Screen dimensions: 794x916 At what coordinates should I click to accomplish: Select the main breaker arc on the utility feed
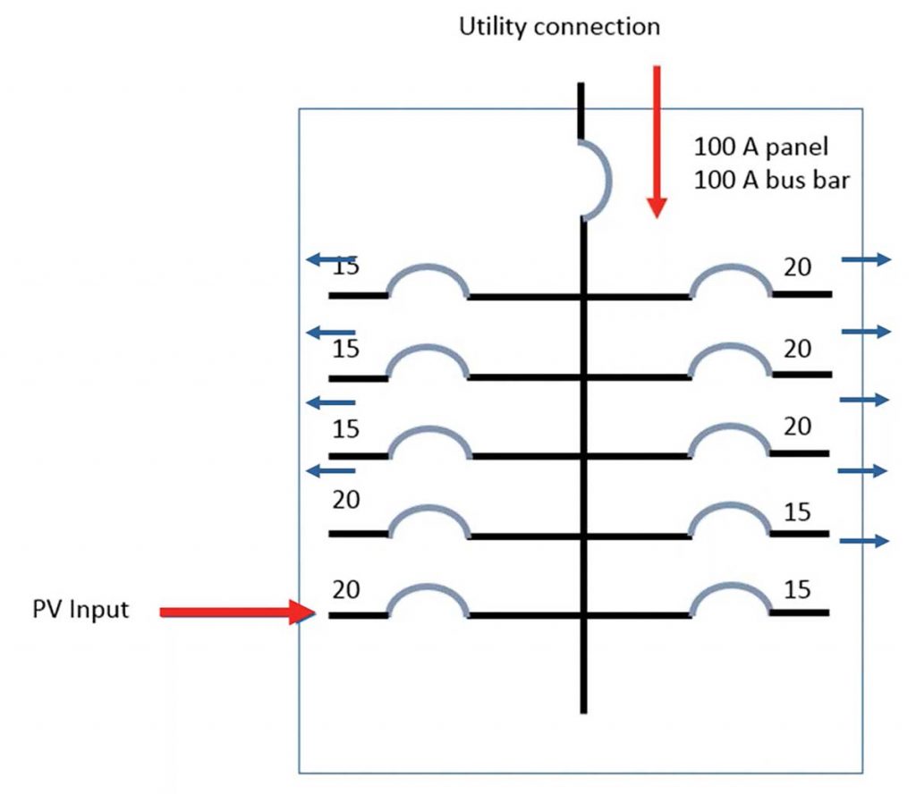599,180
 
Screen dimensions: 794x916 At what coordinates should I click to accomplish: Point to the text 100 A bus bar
771,180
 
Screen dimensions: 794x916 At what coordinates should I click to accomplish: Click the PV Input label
81,610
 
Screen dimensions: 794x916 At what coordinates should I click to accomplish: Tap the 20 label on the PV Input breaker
345,590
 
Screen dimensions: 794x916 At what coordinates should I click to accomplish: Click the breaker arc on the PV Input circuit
428,596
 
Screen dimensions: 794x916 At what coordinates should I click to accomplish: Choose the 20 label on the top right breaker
798,267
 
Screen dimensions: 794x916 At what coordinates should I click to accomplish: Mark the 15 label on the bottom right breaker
797,590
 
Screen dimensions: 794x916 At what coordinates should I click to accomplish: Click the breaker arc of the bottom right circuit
732,596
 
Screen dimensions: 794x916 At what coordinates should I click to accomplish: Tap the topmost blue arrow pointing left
330,259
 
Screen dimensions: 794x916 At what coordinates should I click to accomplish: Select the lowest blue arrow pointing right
864,540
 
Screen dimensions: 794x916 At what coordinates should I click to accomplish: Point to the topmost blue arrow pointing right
866,259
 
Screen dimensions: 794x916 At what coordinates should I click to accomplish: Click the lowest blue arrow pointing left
330,470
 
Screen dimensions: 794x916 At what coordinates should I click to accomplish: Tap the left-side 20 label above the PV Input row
345,501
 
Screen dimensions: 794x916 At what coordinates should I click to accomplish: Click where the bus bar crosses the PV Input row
584,615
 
